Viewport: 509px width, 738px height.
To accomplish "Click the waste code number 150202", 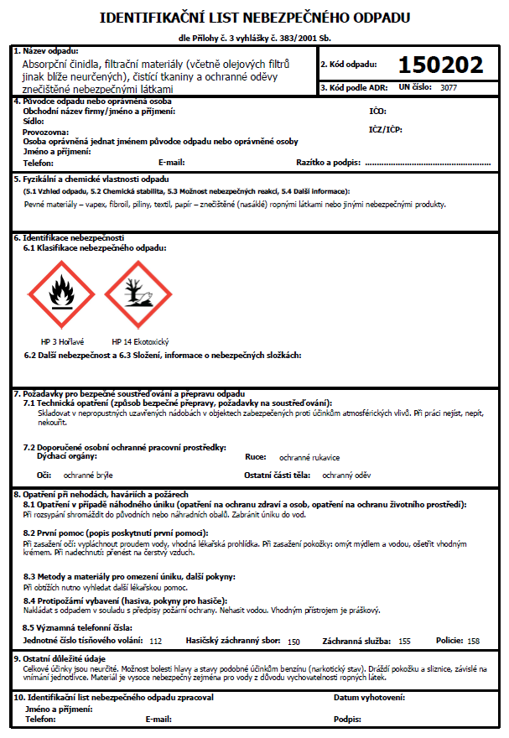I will point(440,65).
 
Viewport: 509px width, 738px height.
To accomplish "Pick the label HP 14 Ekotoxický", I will point(141,342).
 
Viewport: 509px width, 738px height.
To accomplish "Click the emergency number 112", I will point(155,641).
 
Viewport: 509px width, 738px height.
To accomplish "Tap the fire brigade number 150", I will point(293,642).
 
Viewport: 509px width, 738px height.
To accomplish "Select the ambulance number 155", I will point(404,641).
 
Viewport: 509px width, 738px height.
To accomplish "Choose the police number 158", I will point(474,641).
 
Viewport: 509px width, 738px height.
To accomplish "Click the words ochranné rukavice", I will point(309,458).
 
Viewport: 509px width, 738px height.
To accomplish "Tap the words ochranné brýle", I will point(88,476).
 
